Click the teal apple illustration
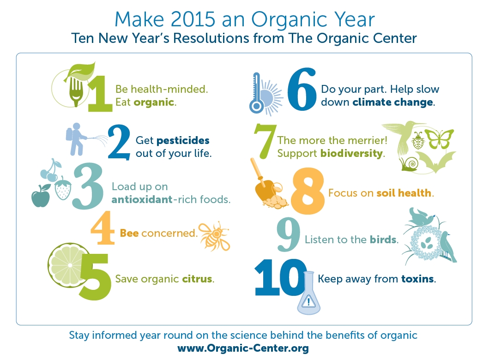[40, 198]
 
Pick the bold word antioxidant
[139, 200]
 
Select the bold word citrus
[197, 279]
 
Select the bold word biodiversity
[352, 153]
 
